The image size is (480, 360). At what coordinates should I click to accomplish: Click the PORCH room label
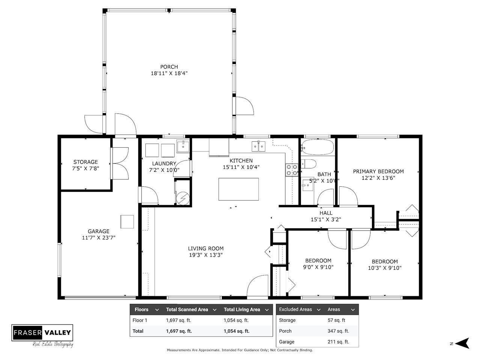click(x=169, y=67)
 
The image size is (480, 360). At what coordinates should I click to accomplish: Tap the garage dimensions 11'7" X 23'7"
click(x=98, y=238)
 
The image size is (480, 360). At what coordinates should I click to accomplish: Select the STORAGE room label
click(x=86, y=162)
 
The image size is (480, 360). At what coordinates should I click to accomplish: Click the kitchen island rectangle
click(x=239, y=189)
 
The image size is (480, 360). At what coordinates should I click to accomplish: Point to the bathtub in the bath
click(x=317, y=147)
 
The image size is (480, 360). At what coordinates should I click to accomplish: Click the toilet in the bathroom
click(x=309, y=164)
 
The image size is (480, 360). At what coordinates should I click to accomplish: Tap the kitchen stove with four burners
click(x=292, y=170)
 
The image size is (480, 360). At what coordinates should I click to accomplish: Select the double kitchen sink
click(x=259, y=145)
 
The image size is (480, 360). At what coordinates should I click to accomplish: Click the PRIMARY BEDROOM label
click(x=378, y=171)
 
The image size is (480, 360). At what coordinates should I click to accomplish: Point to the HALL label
click(x=326, y=213)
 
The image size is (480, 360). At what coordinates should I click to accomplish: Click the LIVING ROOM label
click(x=206, y=248)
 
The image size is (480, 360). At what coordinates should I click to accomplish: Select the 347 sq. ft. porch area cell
click(x=338, y=331)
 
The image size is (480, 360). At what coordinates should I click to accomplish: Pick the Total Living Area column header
click(x=242, y=310)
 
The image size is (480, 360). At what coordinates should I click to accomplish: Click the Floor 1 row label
click(x=140, y=321)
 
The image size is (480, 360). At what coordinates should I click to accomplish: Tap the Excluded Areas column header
click(x=295, y=309)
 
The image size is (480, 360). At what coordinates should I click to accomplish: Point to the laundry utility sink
click(x=183, y=146)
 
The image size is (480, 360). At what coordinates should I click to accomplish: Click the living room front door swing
click(x=257, y=286)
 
